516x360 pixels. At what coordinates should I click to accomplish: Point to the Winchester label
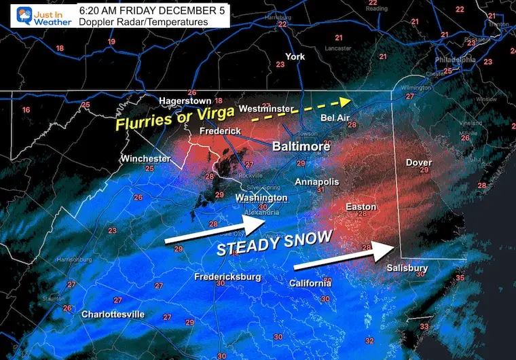point(145,158)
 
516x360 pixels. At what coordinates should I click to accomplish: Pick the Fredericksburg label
point(227,276)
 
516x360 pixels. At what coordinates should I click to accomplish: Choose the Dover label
point(419,162)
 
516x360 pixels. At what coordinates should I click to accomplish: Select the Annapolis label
point(316,182)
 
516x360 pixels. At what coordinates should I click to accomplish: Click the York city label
point(295,56)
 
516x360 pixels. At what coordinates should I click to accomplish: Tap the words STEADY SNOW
point(274,242)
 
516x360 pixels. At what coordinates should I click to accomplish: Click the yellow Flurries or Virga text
point(174,123)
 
